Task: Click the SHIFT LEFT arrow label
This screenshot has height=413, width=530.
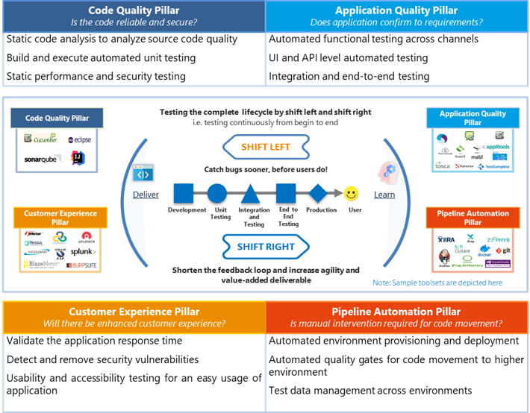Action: (x=265, y=148)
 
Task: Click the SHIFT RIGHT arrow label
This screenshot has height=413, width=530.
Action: (x=265, y=247)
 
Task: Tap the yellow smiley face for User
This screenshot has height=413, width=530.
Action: (x=351, y=194)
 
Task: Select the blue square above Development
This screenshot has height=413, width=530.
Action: (x=184, y=194)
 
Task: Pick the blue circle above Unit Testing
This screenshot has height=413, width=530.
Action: (x=217, y=194)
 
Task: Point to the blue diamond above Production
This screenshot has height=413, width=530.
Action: (x=318, y=193)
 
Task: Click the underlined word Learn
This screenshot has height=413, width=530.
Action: (x=384, y=195)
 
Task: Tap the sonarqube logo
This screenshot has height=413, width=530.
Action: (x=40, y=159)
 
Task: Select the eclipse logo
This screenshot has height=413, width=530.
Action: (x=81, y=139)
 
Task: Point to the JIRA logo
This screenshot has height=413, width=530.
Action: (x=446, y=239)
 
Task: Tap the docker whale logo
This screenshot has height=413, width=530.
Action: (x=484, y=252)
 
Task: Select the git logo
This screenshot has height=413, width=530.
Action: (x=504, y=251)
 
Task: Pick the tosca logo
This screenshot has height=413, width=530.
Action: (x=443, y=165)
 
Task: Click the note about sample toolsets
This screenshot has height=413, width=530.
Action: (x=437, y=283)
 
